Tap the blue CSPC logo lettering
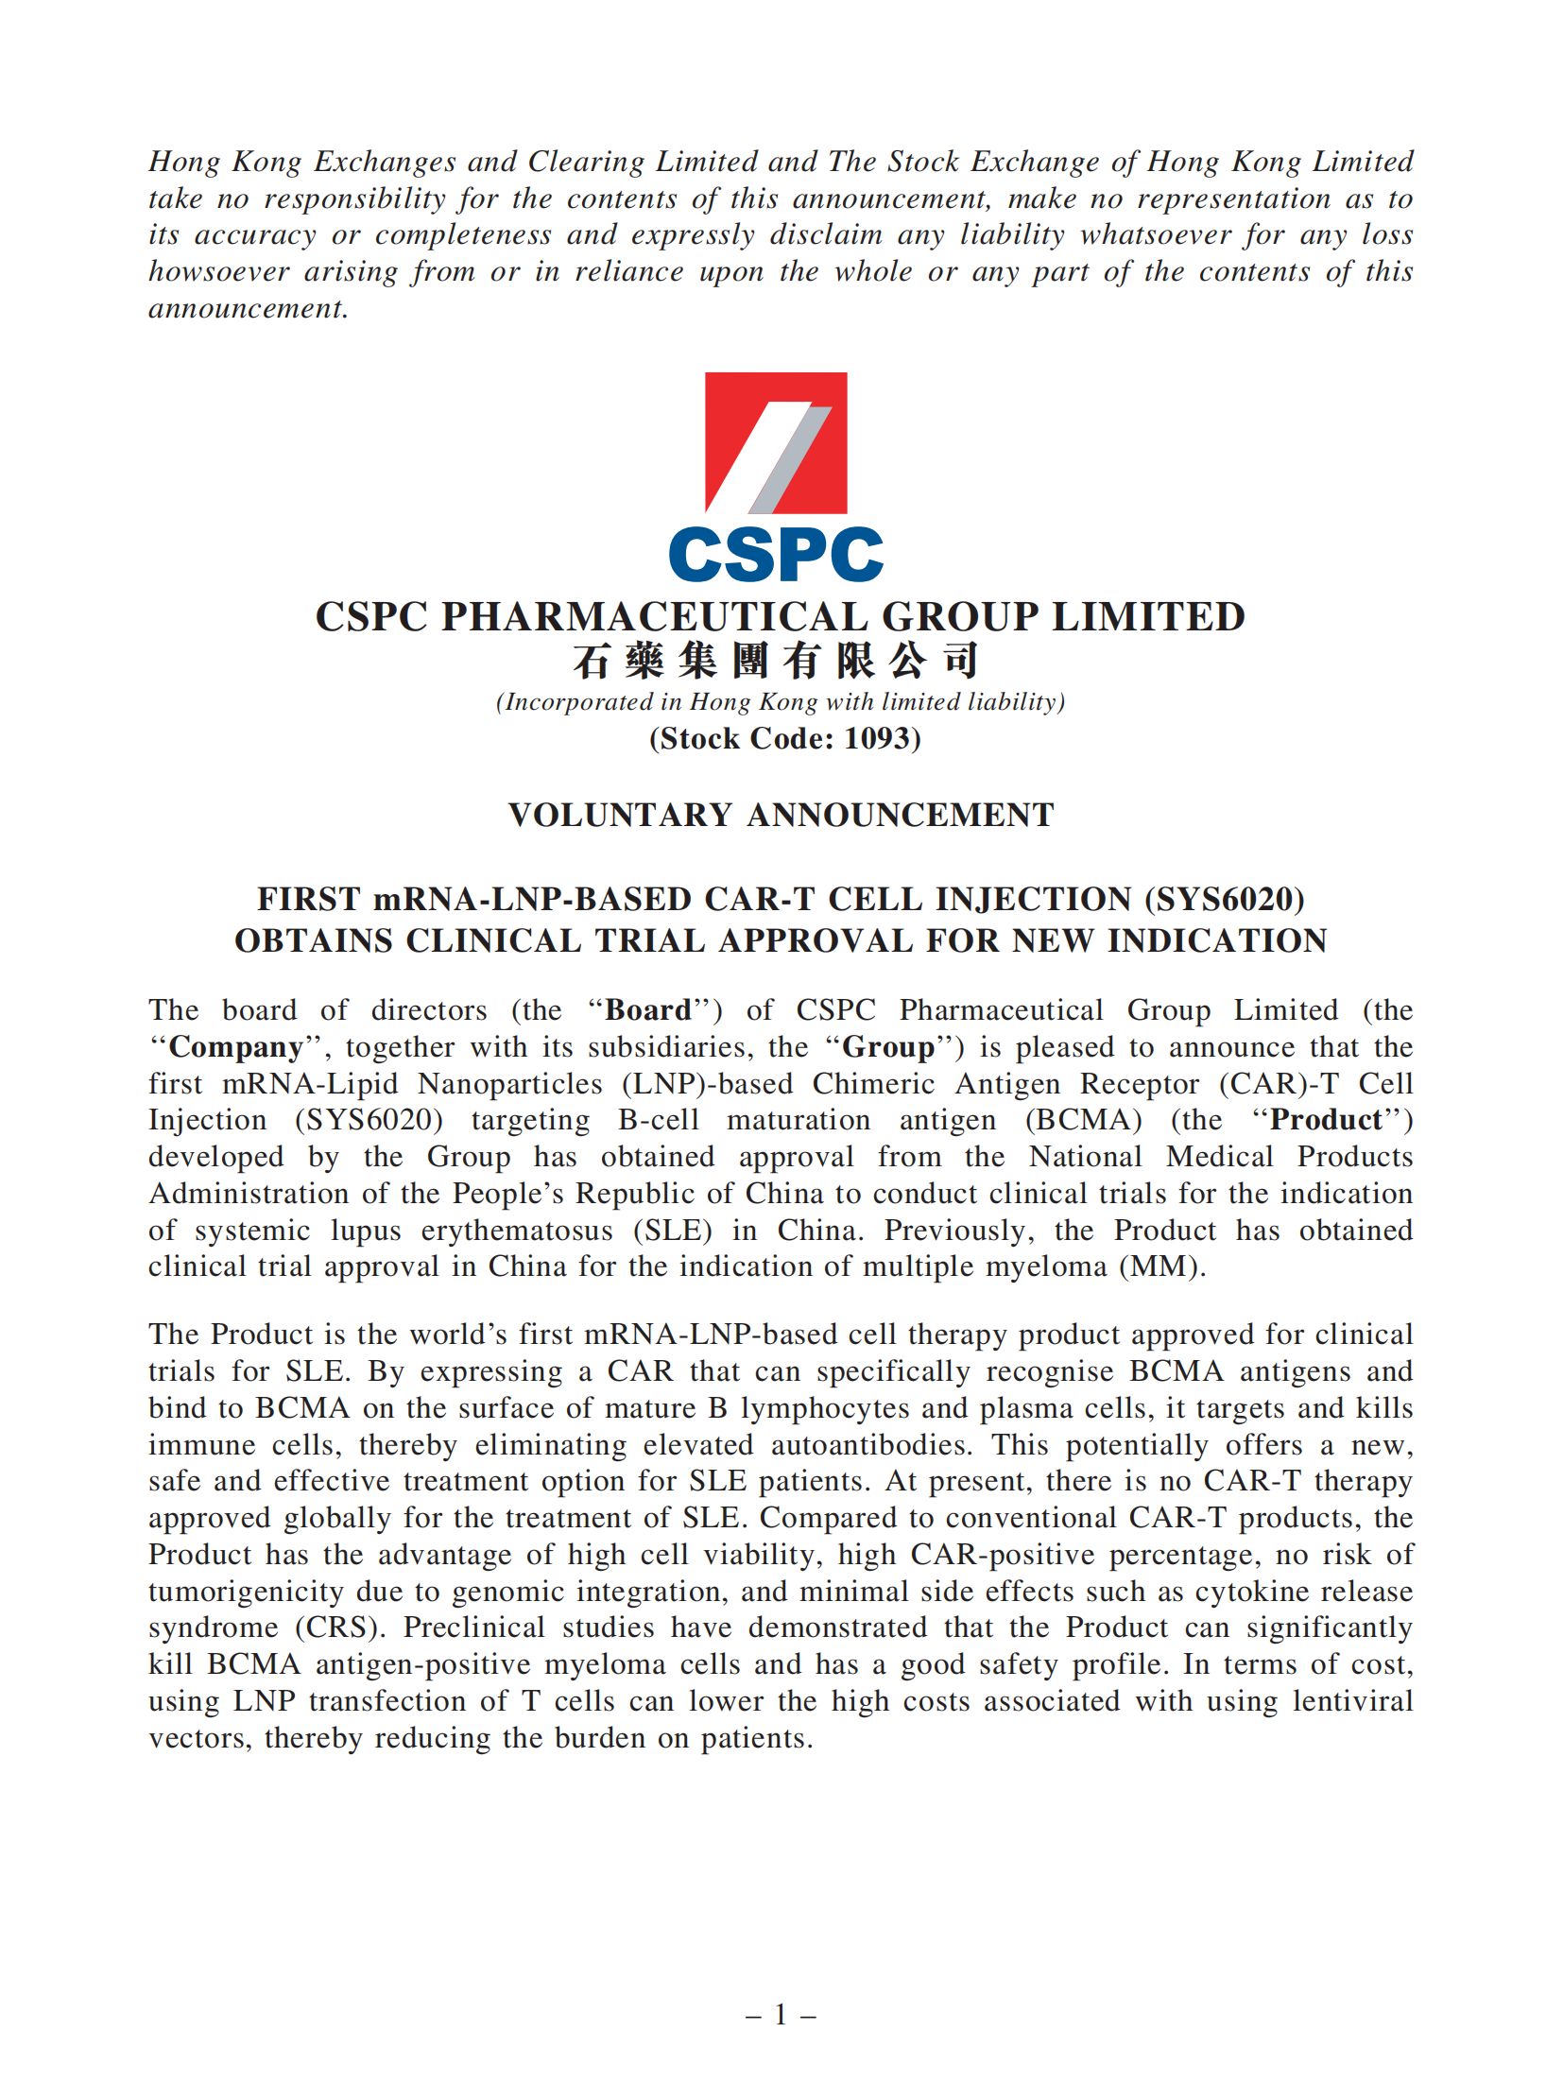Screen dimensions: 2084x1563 775,555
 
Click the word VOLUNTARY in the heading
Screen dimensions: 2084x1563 620,815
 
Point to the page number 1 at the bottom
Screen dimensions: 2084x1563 781,2015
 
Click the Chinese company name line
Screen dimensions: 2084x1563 775,660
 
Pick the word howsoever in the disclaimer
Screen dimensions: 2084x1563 218,271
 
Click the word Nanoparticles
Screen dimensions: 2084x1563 509,1083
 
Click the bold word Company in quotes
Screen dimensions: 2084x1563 236,1047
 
